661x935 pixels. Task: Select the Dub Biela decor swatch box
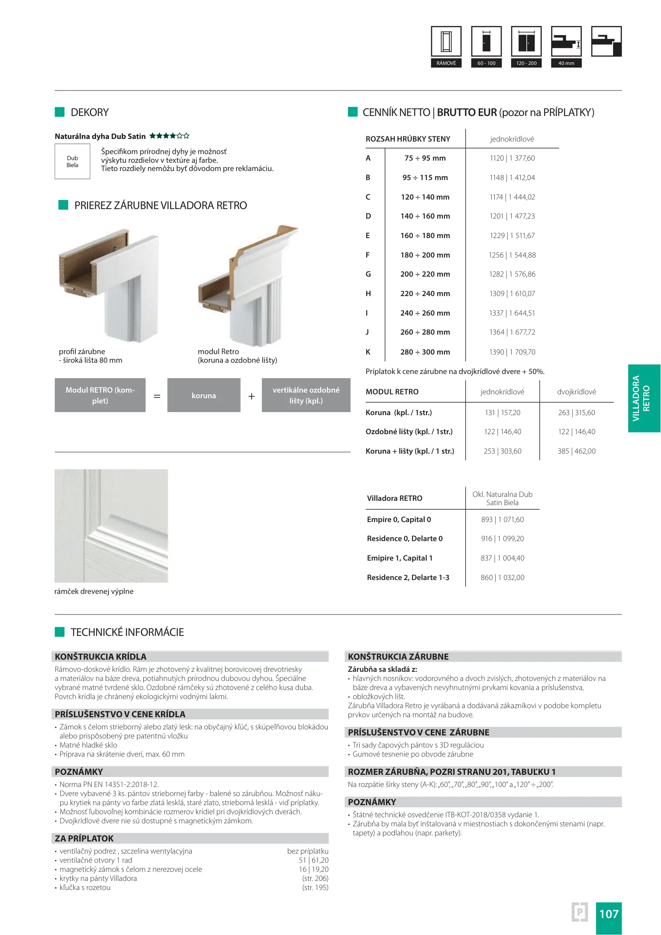coord(72,161)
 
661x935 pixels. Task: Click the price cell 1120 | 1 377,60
coord(512,158)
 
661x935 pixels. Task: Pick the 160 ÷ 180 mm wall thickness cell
coord(425,236)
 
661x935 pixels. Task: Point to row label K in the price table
coord(368,352)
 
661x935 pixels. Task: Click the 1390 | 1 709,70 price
coord(512,352)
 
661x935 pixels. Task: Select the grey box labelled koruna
coord(203,395)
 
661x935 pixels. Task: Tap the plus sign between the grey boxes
coord(251,396)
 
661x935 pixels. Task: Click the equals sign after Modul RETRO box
coord(157,396)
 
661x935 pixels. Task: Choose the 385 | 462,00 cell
coord(576,451)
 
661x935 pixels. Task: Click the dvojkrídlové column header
coord(576,392)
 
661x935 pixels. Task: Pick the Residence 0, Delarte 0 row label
coord(404,538)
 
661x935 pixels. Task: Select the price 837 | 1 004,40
coord(502,558)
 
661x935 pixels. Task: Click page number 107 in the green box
coord(608,914)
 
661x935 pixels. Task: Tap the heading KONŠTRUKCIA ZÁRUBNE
coord(398,657)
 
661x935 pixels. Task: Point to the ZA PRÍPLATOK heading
coord(84,838)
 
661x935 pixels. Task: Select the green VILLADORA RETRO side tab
coord(644,398)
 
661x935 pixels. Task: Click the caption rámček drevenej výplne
coord(94,591)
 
